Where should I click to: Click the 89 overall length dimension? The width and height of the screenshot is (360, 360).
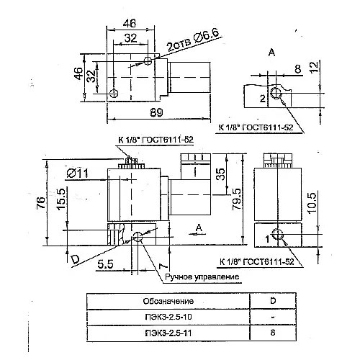tap(156, 112)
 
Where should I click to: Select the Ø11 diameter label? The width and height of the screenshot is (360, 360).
tap(77, 174)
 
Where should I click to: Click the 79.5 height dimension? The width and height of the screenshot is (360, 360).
tap(237, 199)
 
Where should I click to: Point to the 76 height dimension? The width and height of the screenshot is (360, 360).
tap(41, 203)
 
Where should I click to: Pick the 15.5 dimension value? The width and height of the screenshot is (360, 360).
tap(61, 199)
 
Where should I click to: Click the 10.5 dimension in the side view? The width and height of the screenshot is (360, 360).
tap(312, 203)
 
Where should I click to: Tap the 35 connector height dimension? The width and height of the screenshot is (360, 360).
tap(220, 174)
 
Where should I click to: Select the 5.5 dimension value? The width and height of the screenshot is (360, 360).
tap(105, 264)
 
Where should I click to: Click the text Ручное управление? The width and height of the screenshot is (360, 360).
tap(202, 276)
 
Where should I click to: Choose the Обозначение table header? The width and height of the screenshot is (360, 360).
tap(168, 301)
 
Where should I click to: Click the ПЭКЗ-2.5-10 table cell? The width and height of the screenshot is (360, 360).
tap(168, 317)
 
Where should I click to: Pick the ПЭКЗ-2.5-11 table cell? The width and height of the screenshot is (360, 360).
tap(168, 333)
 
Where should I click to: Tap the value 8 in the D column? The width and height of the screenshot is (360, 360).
tap(273, 333)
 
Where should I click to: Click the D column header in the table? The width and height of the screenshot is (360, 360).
tap(273, 301)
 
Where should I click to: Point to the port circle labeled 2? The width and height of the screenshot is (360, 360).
tap(276, 93)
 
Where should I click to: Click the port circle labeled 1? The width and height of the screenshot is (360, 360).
tap(278, 234)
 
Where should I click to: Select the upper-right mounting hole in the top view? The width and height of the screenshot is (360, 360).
tap(148, 60)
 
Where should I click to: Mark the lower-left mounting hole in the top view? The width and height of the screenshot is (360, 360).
tap(113, 93)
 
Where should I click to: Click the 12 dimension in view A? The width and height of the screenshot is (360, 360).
tap(315, 67)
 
